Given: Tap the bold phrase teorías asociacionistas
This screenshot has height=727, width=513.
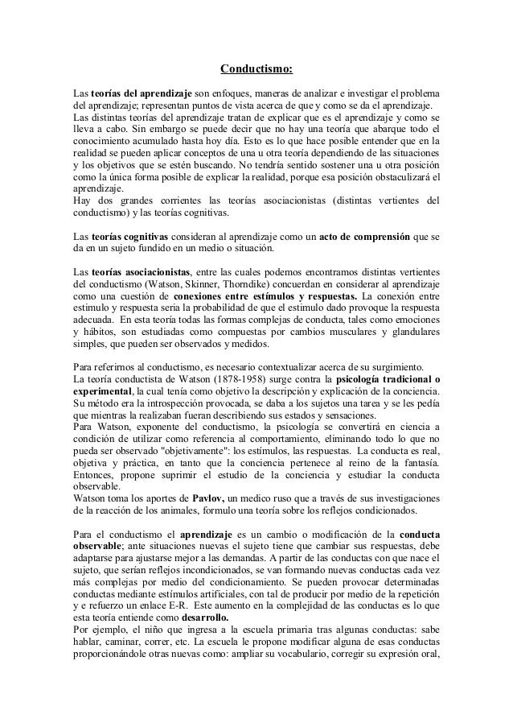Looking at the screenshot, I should coord(142,272).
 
